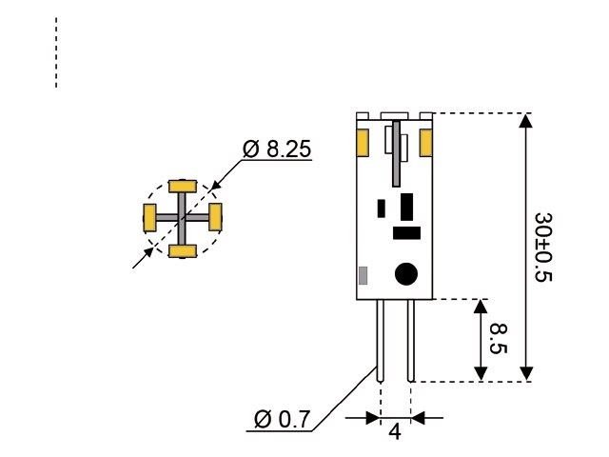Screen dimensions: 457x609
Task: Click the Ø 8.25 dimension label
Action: point(277,149)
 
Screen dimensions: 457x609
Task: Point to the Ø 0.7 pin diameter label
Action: point(283,419)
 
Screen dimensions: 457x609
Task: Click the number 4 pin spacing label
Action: point(395,431)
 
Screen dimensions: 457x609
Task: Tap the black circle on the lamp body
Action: point(406,274)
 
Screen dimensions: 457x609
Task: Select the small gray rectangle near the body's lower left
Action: point(363,276)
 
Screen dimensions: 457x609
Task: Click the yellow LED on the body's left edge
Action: point(363,143)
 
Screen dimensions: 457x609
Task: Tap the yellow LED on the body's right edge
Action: point(425,143)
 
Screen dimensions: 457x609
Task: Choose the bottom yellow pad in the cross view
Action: point(182,250)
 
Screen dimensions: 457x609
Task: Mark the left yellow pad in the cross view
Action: point(149,217)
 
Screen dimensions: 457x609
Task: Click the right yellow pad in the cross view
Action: point(215,217)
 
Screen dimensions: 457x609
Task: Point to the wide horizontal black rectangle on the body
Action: point(406,231)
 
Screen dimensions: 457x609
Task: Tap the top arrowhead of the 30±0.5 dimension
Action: point(524,121)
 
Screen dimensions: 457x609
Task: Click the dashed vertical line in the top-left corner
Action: point(56,52)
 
